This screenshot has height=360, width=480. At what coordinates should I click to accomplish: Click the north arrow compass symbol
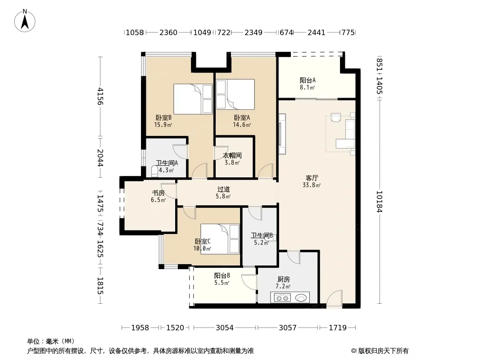(25, 21)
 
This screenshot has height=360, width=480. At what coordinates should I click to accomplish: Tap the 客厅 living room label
(312, 178)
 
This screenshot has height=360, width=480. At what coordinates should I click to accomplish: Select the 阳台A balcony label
(308, 81)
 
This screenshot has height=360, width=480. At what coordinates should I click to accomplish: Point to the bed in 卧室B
(193, 99)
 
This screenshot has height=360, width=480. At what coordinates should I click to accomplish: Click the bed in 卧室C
(220, 239)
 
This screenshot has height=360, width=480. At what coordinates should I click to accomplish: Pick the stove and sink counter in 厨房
(290, 297)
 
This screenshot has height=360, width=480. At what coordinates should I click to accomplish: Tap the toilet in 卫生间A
(154, 171)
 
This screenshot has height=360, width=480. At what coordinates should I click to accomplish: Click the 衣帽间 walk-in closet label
(232, 155)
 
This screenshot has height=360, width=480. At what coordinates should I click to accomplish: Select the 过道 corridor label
(223, 189)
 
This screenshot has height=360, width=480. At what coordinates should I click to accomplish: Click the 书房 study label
(158, 193)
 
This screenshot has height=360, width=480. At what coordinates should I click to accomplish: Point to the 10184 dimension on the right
(379, 202)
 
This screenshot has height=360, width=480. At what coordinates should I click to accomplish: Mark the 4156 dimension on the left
(100, 96)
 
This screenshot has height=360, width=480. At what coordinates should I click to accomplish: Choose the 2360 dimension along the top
(168, 32)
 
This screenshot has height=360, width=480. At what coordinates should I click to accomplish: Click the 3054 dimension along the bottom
(225, 328)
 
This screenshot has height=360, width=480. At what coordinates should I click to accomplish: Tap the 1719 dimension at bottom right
(338, 328)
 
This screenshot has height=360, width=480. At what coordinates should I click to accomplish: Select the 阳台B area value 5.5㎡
(222, 283)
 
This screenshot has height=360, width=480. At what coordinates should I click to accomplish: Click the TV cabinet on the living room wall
(282, 134)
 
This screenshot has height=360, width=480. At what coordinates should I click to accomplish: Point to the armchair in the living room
(336, 118)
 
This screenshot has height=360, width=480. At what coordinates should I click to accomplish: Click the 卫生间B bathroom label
(262, 235)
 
